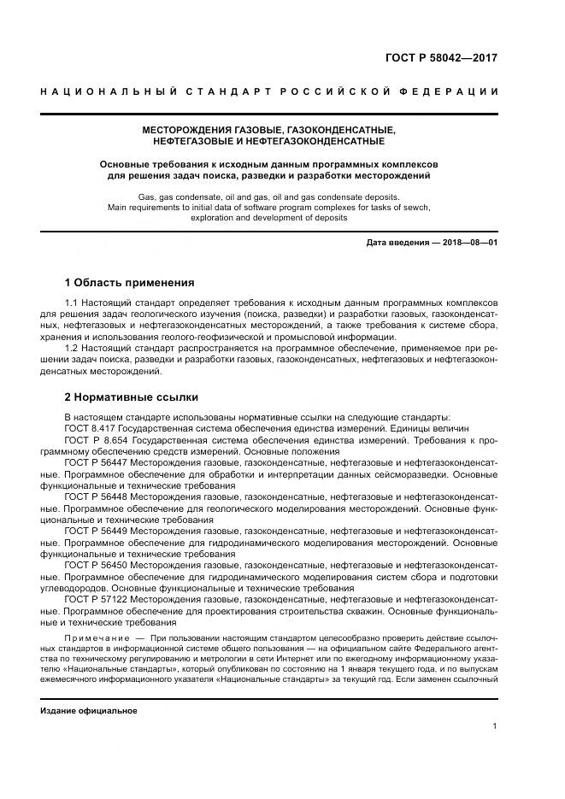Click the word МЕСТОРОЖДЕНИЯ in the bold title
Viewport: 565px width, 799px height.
pos(188,129)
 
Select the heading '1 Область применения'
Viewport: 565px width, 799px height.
pos(130,282)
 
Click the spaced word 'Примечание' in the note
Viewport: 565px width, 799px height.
pos(95,638)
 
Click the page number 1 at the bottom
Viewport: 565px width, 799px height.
pos(495,726)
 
